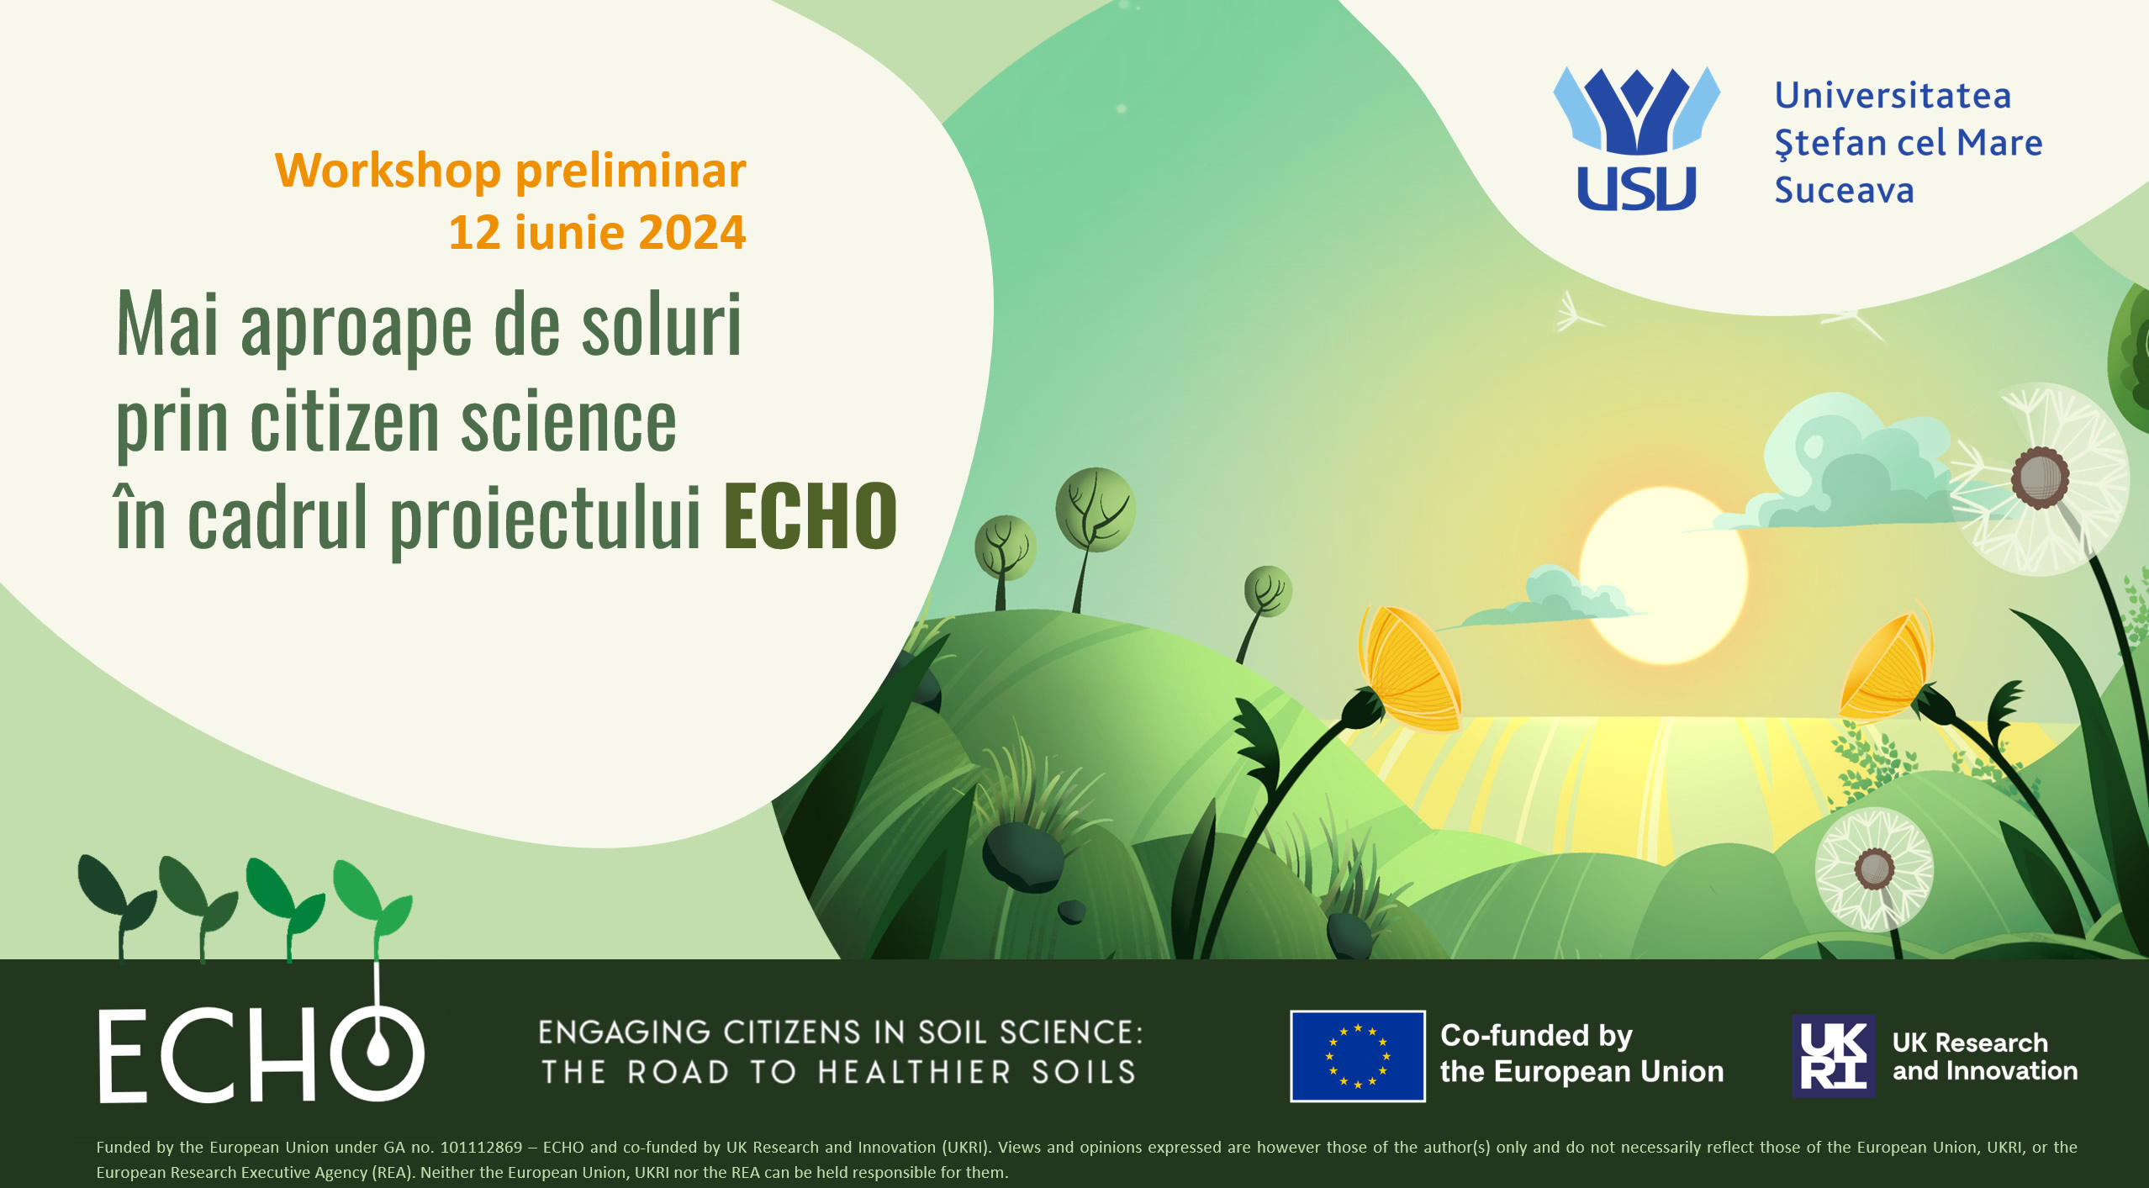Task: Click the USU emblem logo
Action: click(1636, 139)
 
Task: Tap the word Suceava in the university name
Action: click(1844, 191)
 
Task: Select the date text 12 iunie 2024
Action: click(597, 232)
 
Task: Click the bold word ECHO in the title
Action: click(810, 516)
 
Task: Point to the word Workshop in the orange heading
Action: click(388, 172)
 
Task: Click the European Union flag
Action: click(1358, 1056)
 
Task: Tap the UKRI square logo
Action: click(1834, 1056)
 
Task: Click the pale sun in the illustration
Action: click(1663, 576)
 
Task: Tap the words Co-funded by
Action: click(1536, 1036)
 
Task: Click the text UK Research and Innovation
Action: click(1984, 1056)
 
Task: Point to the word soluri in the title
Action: click(662, 325)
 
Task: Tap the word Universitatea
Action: click(1893, 96)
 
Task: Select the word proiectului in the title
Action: click(546, 518)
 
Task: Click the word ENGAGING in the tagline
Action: click(624, 1032)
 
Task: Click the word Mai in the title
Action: click(168, 325)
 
